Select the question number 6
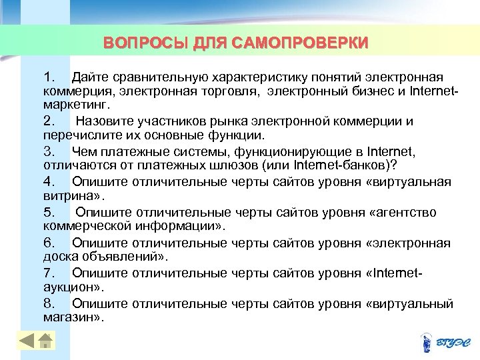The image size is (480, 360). click(x=49, y=243)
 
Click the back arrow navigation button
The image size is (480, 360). click(x=27, y=341)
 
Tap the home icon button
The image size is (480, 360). click(x=45, y=341)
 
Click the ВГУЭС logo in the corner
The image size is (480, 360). click(x=445, y=343)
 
